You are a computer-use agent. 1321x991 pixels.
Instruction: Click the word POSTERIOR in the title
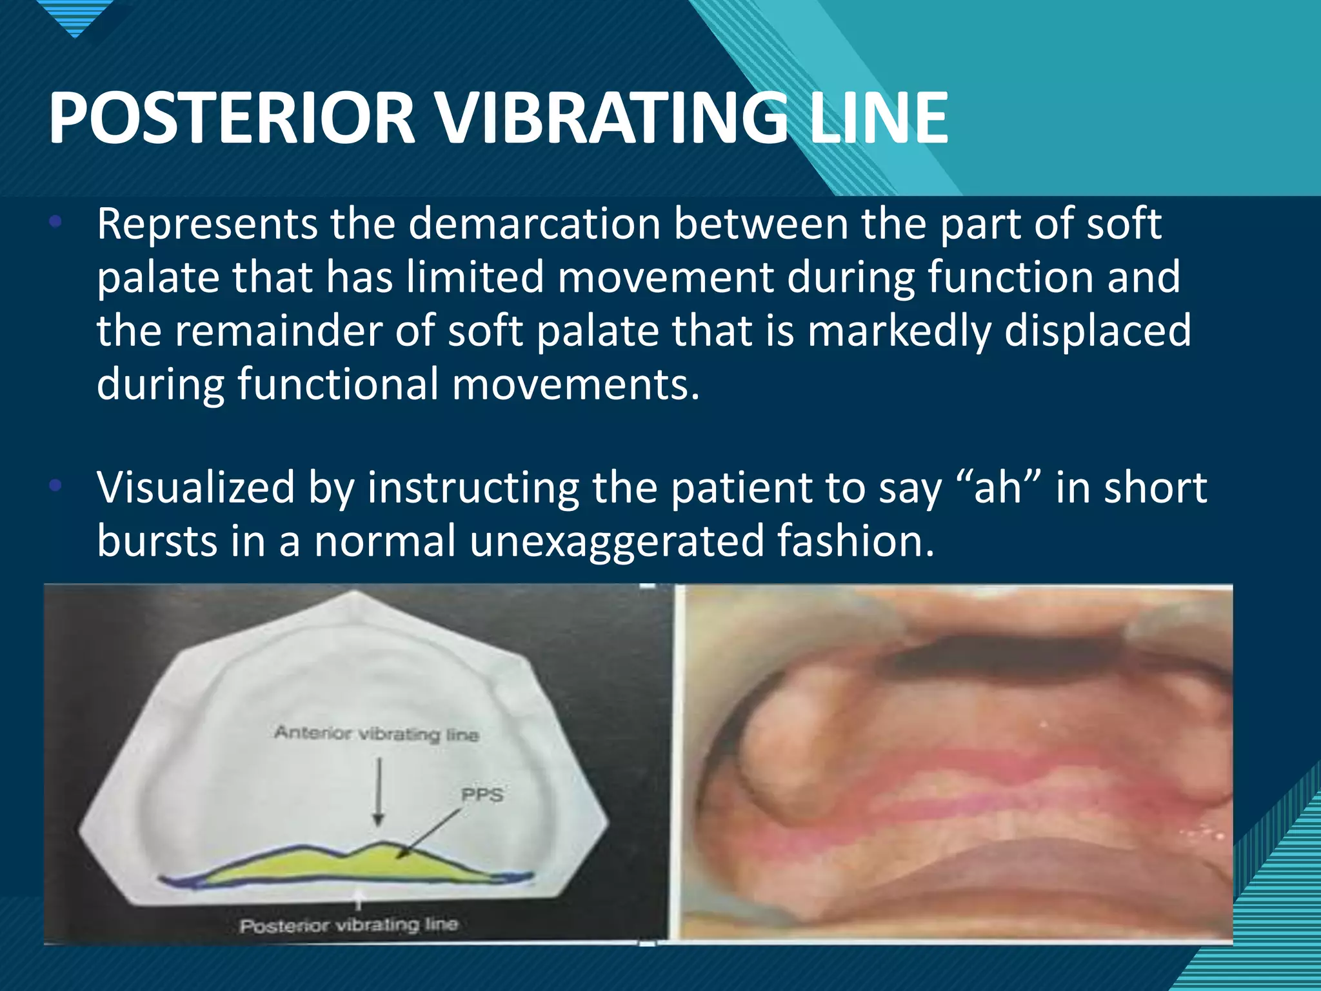tap(231, 118)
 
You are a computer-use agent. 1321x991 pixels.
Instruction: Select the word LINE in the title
tap(879, 118)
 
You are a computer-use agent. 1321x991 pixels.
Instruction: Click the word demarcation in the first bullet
tap(535, 225)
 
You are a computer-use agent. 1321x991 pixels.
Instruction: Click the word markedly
tap(899, 331)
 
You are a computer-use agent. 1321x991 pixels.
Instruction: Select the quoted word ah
tap(998, 488)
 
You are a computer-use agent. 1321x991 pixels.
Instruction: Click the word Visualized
tap(195, 488)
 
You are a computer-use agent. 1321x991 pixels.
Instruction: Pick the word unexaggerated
tap(617, 541)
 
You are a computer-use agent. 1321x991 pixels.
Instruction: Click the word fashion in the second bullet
tap(855, 541)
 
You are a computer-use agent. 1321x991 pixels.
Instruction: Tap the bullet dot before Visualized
tap(55, 486)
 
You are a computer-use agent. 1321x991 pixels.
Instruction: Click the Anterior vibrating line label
tap(377, 734)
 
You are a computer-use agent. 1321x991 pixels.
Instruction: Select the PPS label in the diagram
tap(482, 795)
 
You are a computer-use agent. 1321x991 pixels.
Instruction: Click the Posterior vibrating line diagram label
tap(348, 925)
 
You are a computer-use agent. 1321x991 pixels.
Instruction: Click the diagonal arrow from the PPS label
tap(429, 833)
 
